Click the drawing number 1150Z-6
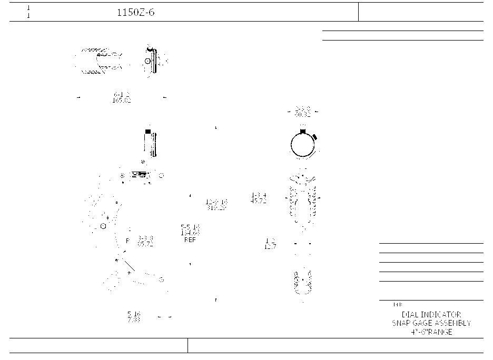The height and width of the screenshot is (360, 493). [x=135, y=13]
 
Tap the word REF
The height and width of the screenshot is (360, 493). [x=190, y=240]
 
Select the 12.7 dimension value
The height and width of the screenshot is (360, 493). [x=270, y=246]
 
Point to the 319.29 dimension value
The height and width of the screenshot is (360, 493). [x=216, y=208]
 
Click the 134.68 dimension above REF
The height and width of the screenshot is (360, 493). [x=190, y=233]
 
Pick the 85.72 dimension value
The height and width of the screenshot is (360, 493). [x=145, y=245]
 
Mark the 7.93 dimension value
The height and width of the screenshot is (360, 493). [x=134, y=320]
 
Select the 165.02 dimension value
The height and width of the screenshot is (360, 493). [x=122, y=100]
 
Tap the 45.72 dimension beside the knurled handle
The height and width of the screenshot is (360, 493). [x=259, y=202]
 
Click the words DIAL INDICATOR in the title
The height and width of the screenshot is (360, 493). [x=431, y=315]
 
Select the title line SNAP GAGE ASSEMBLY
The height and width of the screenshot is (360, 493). [x=431, y=323]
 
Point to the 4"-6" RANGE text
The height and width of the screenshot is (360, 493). [x=431, y=332]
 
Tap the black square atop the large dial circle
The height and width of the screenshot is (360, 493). [x=303, y=130]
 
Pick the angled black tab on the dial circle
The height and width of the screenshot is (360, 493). [x=314, y=137]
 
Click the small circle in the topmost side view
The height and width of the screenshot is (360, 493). [x=147, y=61]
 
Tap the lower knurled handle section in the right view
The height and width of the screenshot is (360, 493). [x=303, y=282]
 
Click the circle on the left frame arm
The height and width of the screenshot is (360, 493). [x=103, y=226]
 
